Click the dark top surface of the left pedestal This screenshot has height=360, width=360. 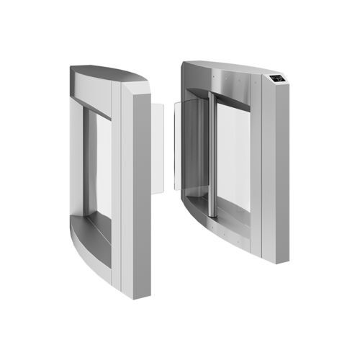[x=108, y=74]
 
